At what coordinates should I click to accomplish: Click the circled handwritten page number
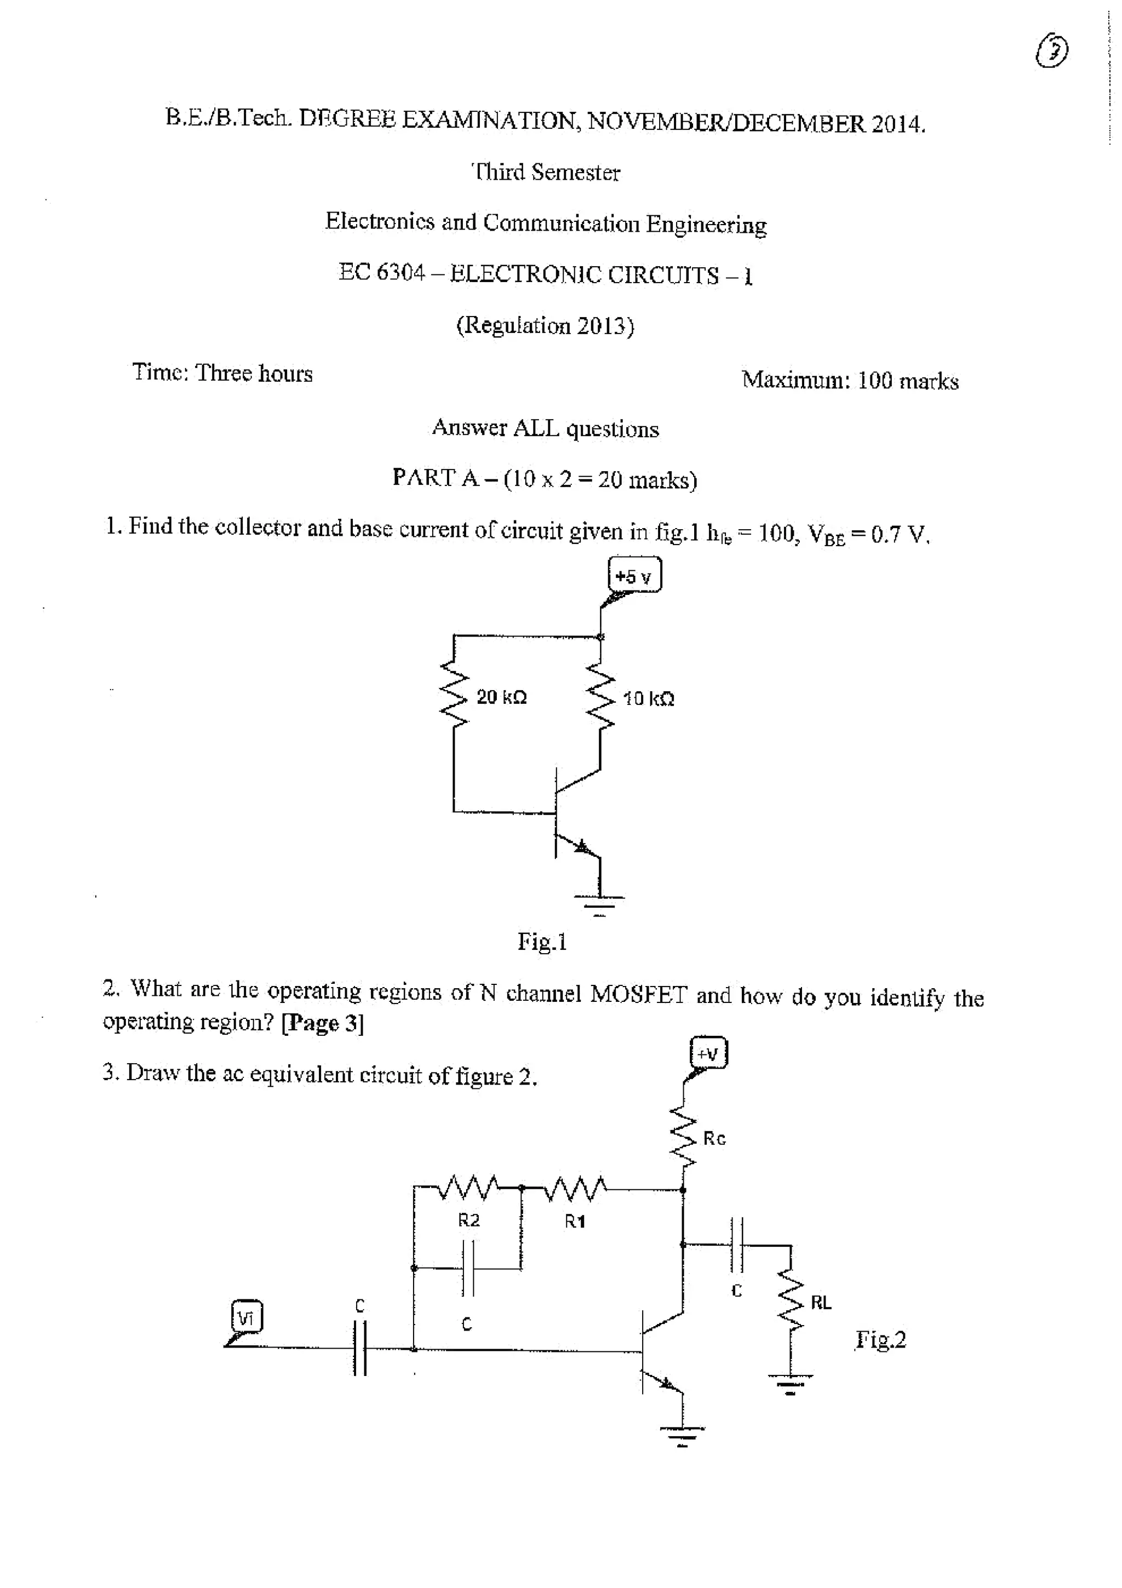[1051, 52]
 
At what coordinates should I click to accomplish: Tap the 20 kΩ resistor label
[501, 697]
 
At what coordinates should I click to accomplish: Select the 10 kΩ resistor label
[648, 698]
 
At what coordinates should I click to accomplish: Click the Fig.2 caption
[880, 1340]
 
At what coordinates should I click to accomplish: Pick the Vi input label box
[246, 1317]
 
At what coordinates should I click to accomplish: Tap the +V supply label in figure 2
[708, 1054]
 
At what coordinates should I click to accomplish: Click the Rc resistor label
[714, 1138]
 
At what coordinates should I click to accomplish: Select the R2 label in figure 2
[469, 1220]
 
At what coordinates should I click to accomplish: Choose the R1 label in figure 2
[575, 1222]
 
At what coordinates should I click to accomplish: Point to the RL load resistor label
[821, 1303]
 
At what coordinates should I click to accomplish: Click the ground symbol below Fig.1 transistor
[600, 904]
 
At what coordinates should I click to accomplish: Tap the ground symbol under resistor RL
[790, 1383]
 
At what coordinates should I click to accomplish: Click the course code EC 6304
[381, 272]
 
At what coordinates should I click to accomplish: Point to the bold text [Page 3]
[322, 1023]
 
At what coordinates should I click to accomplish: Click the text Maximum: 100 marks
[850, 380]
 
